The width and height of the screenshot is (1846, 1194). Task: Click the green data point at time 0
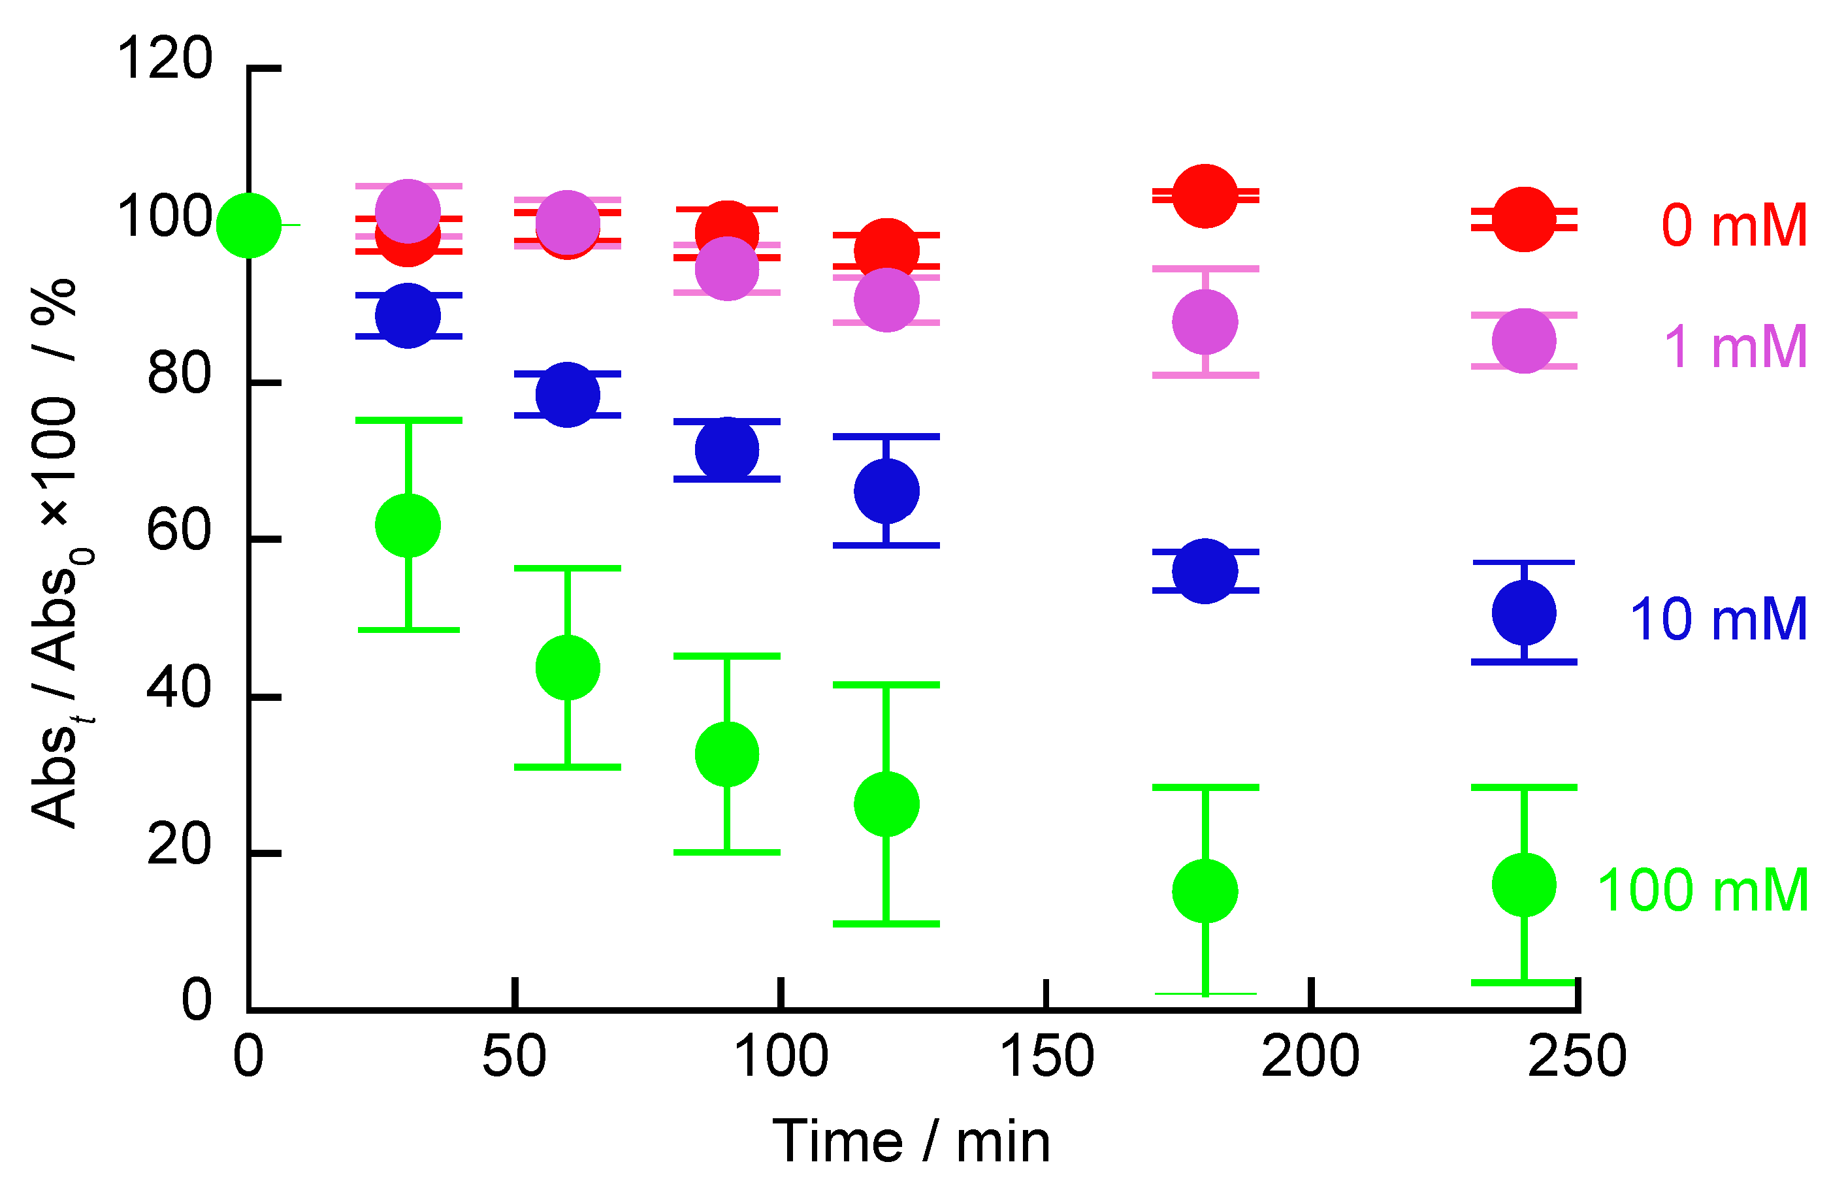248,225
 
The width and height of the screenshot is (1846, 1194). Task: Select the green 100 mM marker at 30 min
408,525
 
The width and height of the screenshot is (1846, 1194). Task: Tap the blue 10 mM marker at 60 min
568,395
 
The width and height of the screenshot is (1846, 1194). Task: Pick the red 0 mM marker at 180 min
1205,195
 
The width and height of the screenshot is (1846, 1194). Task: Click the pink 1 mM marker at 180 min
1205,322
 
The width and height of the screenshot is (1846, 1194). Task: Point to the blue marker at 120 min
886,491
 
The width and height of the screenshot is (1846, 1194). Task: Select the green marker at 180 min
1205,891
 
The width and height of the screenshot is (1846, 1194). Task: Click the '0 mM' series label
1734,225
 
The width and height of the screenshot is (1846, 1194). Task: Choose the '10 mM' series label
1718,619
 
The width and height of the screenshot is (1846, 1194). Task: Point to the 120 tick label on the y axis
163,59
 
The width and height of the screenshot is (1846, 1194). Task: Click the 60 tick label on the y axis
178,531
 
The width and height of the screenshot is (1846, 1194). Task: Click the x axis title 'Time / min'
911,1142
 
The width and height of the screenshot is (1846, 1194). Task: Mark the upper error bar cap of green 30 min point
408,420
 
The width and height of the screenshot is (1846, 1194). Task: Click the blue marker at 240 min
1523,613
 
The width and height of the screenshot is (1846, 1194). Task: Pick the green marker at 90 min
726,754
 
